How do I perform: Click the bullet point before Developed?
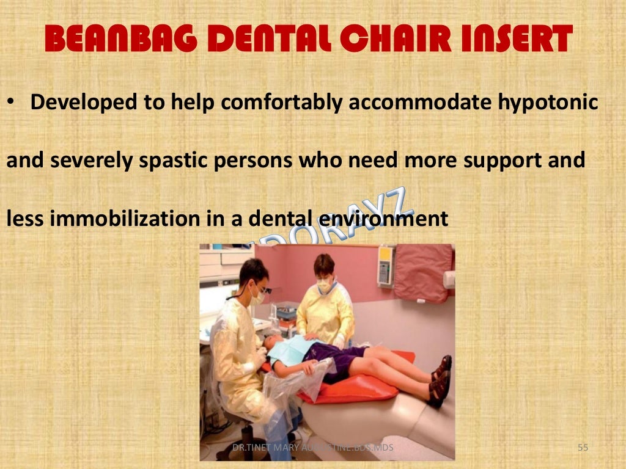[x=11, y=101]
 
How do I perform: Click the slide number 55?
[x=583, y=449]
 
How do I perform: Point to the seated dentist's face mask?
[x=257, y=297]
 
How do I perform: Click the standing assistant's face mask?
[x=324, y=285]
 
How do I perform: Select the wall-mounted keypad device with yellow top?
[x=386, y=266]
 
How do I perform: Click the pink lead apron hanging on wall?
[x=422, y=272]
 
